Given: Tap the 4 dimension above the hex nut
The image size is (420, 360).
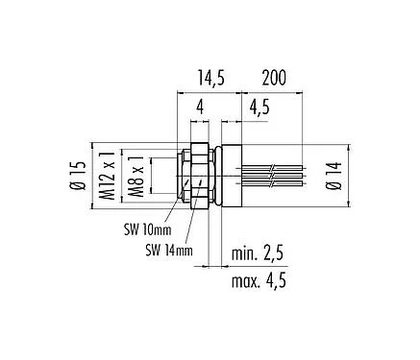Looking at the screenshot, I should click(198, 108).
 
